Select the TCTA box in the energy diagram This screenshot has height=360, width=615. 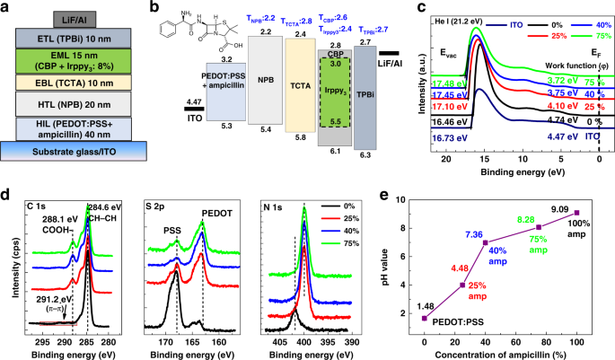tap(296, 85)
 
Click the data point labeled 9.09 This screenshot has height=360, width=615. tap(576, 213)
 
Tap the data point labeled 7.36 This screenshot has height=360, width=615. tap(485, 242)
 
